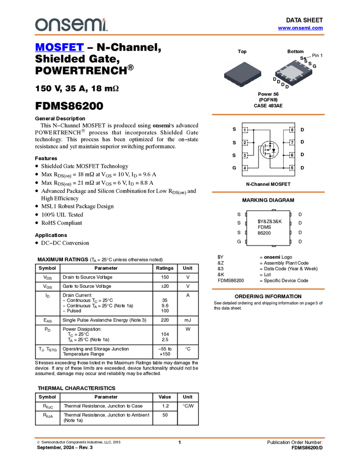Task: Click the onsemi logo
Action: point(71,25)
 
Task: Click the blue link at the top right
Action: point(300,28)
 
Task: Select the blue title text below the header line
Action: point(59,48)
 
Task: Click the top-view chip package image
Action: point(242,74)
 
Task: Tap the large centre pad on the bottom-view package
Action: point(294,73)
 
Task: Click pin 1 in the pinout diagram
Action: point(245,130)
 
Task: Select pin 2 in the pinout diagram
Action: point(245,143)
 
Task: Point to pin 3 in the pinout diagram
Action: point(245,155)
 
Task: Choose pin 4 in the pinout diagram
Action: point(245,168)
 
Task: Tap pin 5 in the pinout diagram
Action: point(293,168)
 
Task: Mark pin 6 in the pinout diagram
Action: point(293,155)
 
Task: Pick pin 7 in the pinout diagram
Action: point(293,143)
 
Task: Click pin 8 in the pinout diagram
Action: point(293,130)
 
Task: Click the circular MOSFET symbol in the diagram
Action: point(269,149)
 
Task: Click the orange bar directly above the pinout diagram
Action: point(268,115)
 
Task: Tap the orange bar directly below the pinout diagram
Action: point(268,192)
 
